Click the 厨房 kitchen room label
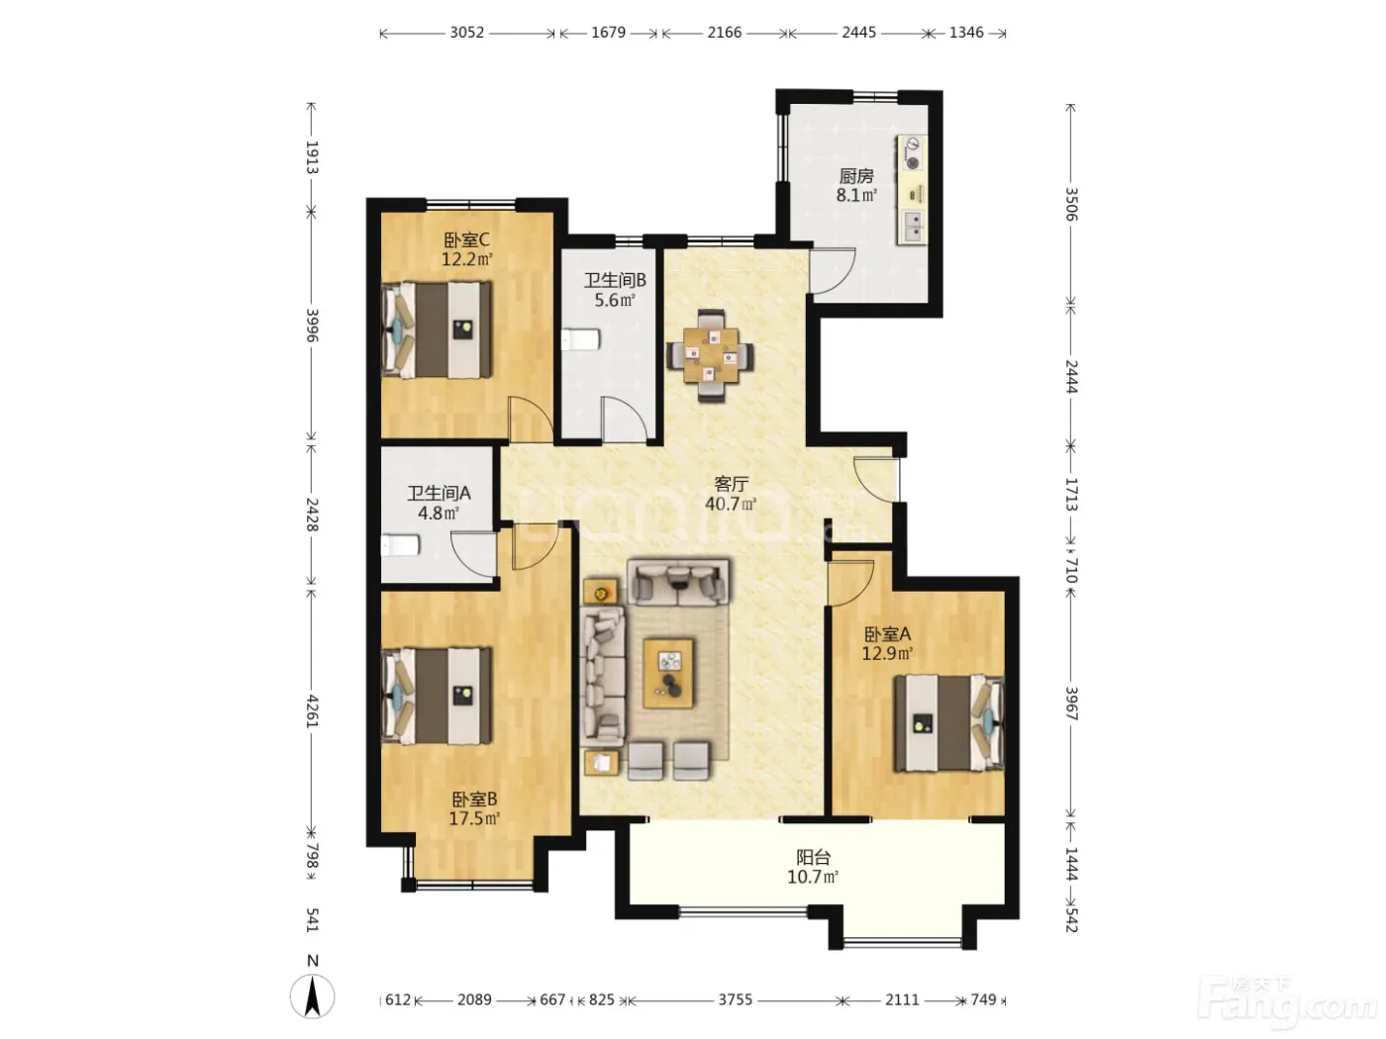(x=855, y=175)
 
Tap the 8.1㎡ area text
(x=856, y=195)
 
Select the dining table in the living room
(x=711, y=355)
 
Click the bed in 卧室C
(x=437, y=330)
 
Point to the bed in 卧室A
(x=948, y=723)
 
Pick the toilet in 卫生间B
(x=580, y=339)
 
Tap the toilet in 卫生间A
(x=400, y=545)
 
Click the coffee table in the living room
(x=668, y=673)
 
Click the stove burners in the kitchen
(x=913, y=154)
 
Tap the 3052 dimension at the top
(x=466, y=33)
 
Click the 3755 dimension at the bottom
(x=735, y=999)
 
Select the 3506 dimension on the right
(x=1071, y=204)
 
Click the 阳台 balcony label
(x=814, y=857)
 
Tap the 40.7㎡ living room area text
(x=731, y=504)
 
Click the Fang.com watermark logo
(x=1286, y=1003)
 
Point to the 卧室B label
(x=474, y=800)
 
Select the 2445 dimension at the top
(x=858, y=33)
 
